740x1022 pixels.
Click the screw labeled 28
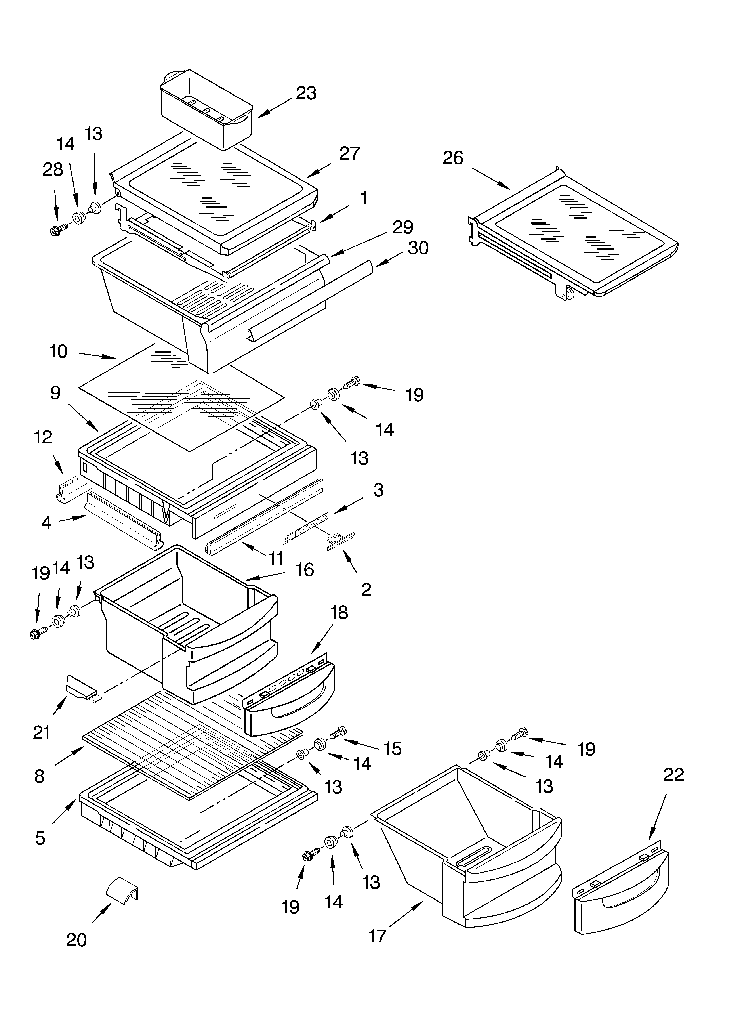click(59, 230)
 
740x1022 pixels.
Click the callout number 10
click(58, 351)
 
